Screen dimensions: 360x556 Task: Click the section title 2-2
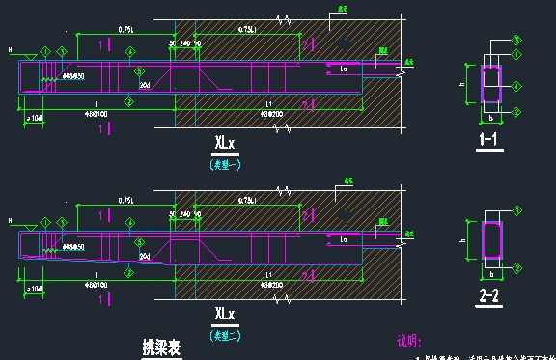(x=490, y=295)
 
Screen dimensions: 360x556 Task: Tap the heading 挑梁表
(x=162, y=345)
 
